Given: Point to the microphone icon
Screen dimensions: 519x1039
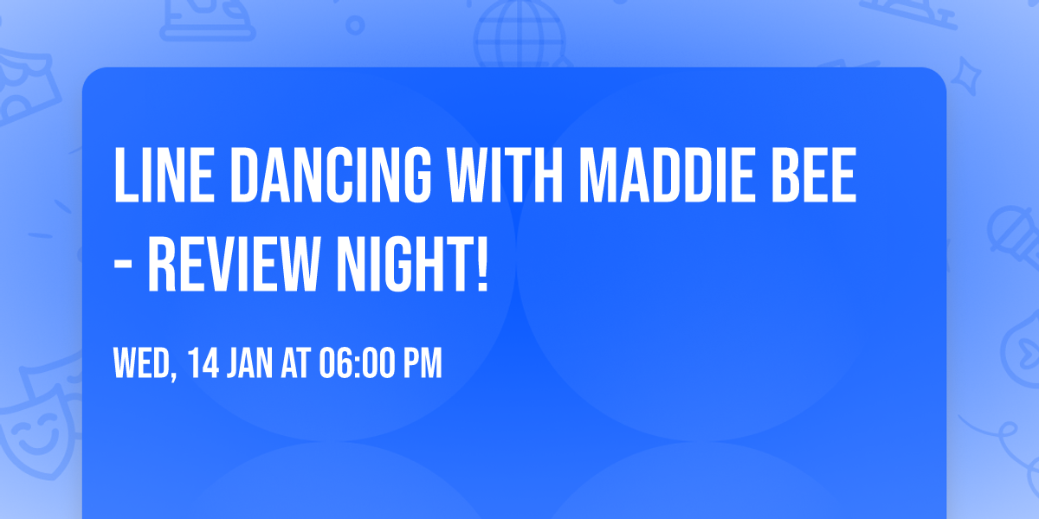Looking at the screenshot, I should pos(1010,234).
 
